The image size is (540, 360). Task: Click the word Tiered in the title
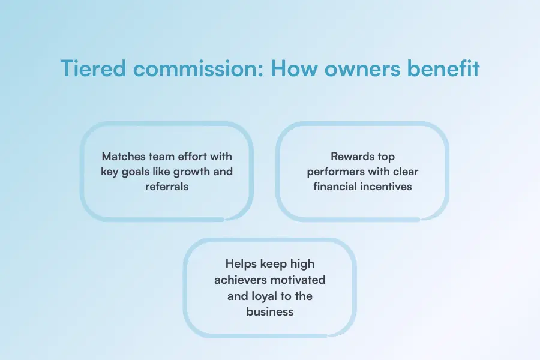[x=94, y=68]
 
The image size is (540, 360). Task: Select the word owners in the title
[x=362, y=68]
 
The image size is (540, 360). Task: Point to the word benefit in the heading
[x=443, y=68]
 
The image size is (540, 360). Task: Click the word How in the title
[x=294, y=68]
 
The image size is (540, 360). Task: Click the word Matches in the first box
[x=124, y=157]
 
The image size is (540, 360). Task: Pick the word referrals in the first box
[x=167, y=187]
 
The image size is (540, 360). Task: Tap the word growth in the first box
[x=191, y=172]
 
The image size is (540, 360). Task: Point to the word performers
[x=336, y=172]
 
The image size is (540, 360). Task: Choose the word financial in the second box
[x=335, y=187]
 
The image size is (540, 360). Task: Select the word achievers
[x=239, y=280]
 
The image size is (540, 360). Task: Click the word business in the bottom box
[x=270, y=312]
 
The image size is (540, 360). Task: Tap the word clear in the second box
[x=406, y=172]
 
